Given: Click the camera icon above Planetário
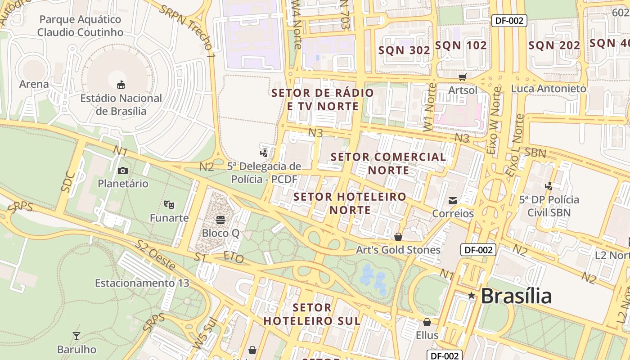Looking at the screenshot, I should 122,171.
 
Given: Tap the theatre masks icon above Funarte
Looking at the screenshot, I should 169,205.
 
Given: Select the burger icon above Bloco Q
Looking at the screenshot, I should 220,220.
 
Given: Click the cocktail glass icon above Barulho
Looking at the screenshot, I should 76,336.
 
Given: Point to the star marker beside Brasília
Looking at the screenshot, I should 471,296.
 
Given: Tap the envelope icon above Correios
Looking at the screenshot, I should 452,200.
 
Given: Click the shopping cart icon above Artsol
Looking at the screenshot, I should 462,77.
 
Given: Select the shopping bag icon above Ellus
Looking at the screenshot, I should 427,322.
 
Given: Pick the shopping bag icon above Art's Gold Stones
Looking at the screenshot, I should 398,236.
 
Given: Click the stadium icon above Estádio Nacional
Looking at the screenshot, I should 121,85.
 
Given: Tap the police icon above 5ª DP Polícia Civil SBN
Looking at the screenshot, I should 549,185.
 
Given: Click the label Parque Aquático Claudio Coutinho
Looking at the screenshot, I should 80,26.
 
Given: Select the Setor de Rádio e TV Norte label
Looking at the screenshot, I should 323,99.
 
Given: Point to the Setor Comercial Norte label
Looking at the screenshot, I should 388,163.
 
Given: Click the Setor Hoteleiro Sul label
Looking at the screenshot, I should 312,314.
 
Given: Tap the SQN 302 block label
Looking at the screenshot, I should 404,50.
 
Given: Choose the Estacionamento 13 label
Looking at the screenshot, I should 142,283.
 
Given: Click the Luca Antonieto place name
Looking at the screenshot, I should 549,89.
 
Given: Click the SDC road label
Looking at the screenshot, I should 69,181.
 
